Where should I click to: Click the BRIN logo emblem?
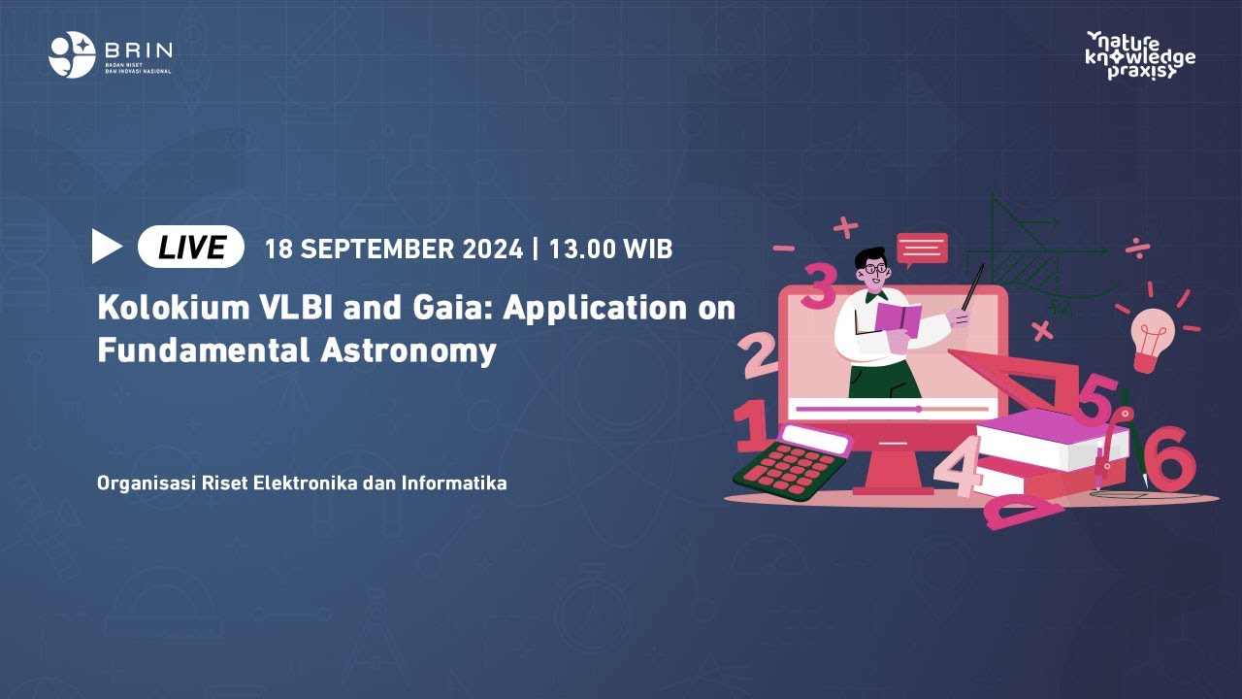pyautogui.click(x=72, y=54)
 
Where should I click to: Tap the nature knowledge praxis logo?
pyautogui.click(x=1140, y=54)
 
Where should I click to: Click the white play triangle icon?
pyautogui.click(x=106, y=247)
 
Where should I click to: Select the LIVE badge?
pyautogui.click(x=191, y=248)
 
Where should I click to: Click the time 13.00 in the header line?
pyautogui.click(x=580, y=250)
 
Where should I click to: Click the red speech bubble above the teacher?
pyautogui.click(x=922, y=250)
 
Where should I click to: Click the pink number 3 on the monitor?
pyautogui.click(x=819, y=287)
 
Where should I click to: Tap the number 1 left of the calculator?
pyautogui.click(x=752, y=428)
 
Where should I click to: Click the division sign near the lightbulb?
pyautogui.click(x=1138, y=249)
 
